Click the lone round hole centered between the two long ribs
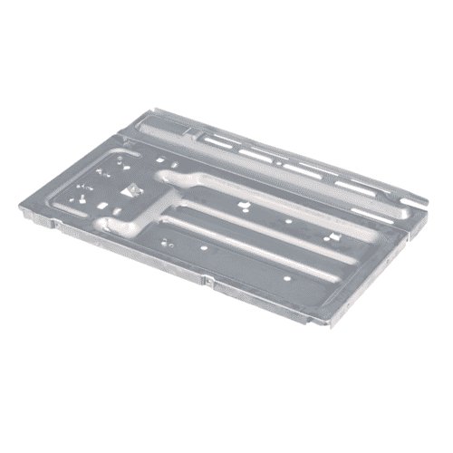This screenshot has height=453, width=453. click(288, 220)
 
